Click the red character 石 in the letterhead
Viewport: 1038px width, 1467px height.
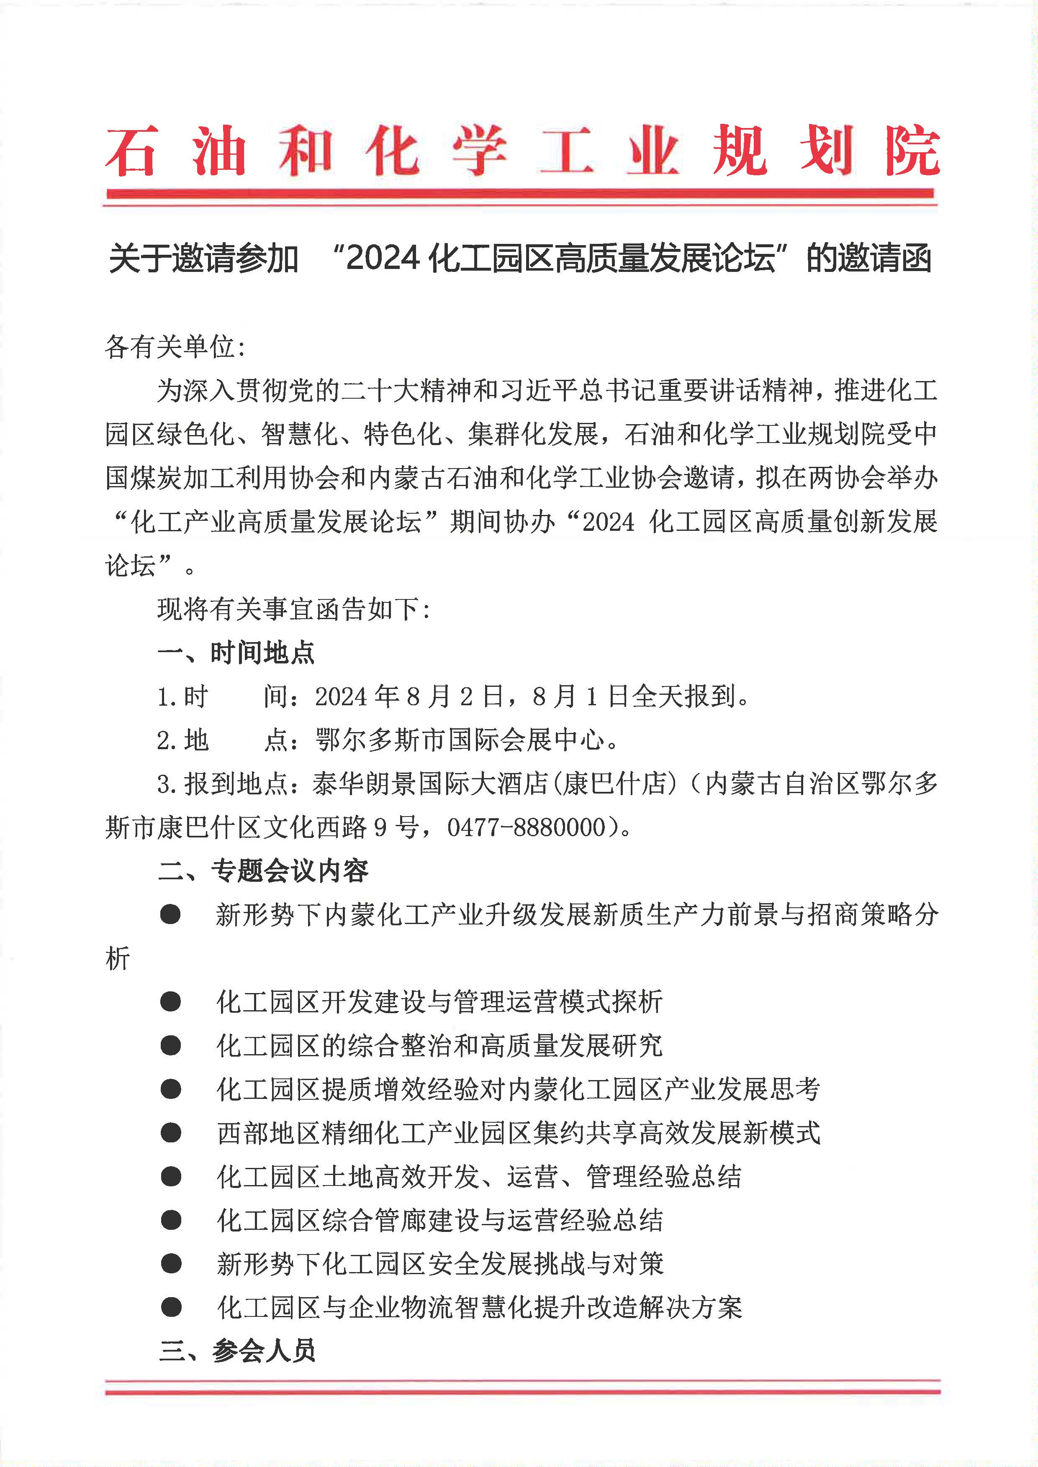[132, 151]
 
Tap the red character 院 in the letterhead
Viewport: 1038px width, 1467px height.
[912, 151]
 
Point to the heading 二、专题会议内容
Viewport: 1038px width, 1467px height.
[263, 871]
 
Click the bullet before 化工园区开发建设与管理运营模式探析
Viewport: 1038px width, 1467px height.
[171, 1001]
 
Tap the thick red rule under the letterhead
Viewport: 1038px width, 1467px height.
[520, 193]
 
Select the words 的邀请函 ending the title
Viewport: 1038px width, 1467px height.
[868, 259]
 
